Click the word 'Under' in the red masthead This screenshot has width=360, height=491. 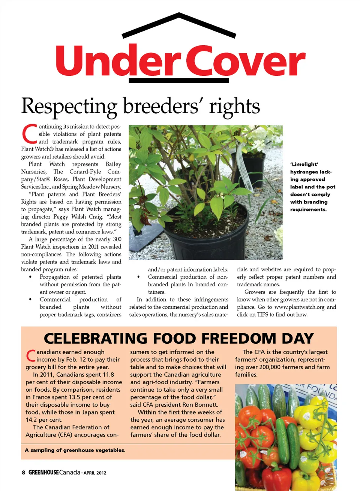pos(116,61)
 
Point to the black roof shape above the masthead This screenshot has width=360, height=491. pos(179,25)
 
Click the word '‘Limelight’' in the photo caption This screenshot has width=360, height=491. pos(304,164)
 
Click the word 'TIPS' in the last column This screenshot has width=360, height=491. pos(262,314)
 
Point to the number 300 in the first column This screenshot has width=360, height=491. pos(117,239)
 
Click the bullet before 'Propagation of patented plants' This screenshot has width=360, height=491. pos(30,277)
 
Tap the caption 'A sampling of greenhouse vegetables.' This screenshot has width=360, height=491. pos(75,450)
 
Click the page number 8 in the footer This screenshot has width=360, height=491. pos(23,472)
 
